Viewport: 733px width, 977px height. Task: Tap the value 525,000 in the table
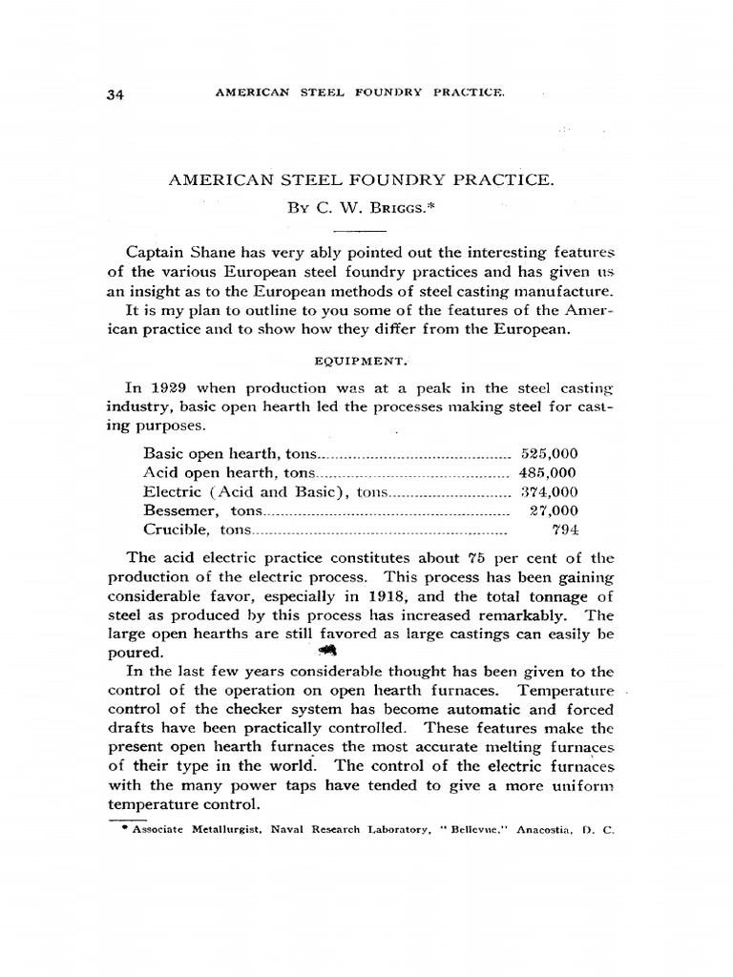point(548,454)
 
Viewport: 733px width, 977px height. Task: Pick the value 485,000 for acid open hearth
point(548,472)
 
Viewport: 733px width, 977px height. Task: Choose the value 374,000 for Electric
point(548,491)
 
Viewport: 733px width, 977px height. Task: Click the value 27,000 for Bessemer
point(554,510)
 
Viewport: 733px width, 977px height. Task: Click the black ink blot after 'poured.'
point(326,649)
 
